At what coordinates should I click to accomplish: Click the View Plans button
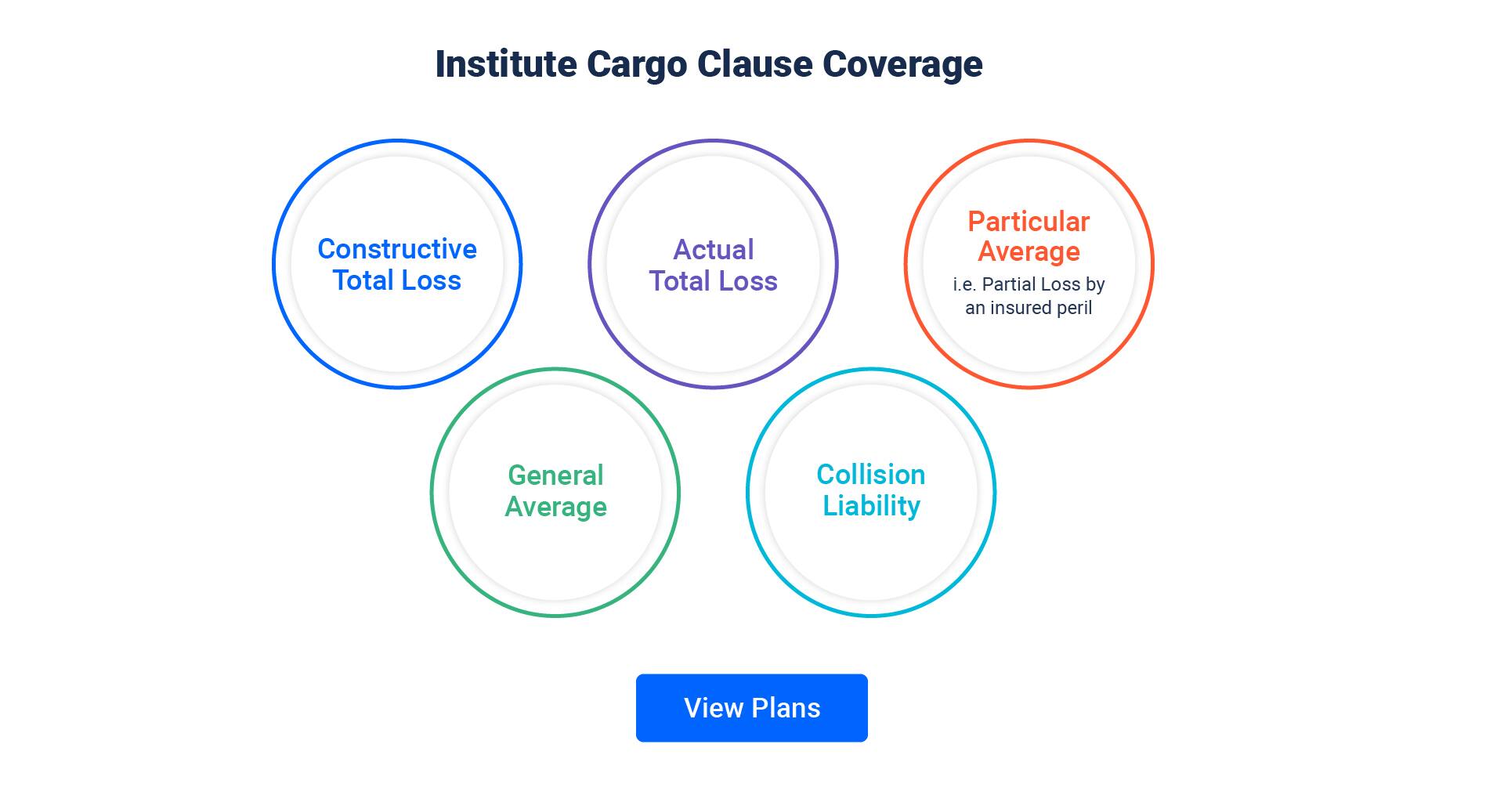click(751, 707)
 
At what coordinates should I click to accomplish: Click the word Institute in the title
click(506, 64)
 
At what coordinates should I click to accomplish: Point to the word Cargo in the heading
click(636, 64)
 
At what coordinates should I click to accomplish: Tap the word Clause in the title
click(754, 64)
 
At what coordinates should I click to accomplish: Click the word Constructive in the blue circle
click(397, 249)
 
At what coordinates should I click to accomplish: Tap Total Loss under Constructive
click(397, 280)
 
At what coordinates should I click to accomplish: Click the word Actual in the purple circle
click(713, 250)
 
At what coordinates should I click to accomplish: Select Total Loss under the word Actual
click(713, 281)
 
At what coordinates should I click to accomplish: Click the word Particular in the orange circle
click(1029, 222)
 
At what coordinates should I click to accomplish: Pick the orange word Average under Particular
click(1029, 251)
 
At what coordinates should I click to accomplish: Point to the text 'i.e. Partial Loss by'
click(1029, 284)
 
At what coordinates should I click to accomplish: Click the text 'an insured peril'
click(1029, 308)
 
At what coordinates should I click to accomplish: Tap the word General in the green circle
click(555, 475)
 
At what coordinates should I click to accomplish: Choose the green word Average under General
click(555, 507)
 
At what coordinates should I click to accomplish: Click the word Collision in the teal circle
click(871, 475)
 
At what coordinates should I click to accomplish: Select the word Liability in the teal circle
click(871, 506)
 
